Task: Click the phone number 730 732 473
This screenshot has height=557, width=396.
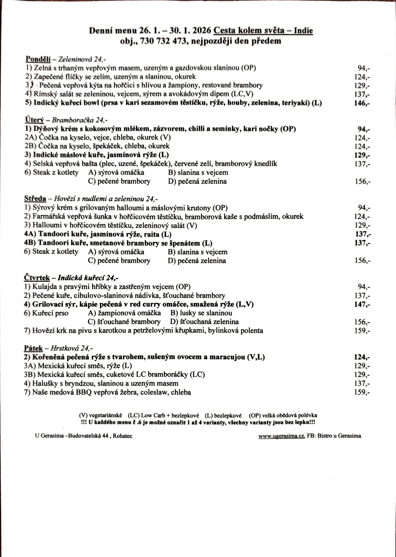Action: point(163,41)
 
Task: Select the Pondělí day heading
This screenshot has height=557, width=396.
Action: point(38,59)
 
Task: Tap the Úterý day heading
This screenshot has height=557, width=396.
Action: point(34,120)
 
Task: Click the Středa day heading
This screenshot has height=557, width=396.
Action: point(35,199)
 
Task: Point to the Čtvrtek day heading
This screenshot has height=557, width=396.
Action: point(37,278)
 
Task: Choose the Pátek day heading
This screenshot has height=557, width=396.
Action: point(33,348)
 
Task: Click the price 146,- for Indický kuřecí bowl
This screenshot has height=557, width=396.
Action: point(361,103)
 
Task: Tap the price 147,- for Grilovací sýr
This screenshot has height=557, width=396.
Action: point(362,304)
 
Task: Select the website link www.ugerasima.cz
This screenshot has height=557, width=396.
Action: point(282,436)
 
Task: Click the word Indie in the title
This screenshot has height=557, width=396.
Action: point(303,31)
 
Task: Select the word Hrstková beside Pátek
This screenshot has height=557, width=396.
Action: point(65,348)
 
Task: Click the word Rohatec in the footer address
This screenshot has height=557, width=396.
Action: point(123,436)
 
